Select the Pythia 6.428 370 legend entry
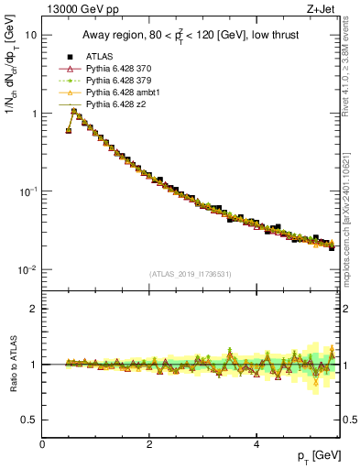coord(118,69)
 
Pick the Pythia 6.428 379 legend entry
coord(118,81)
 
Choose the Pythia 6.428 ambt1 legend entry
coord(122,93)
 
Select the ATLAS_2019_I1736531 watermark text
coord(191,274)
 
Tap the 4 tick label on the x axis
coord(256,444)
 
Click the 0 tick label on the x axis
coord(42,444)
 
